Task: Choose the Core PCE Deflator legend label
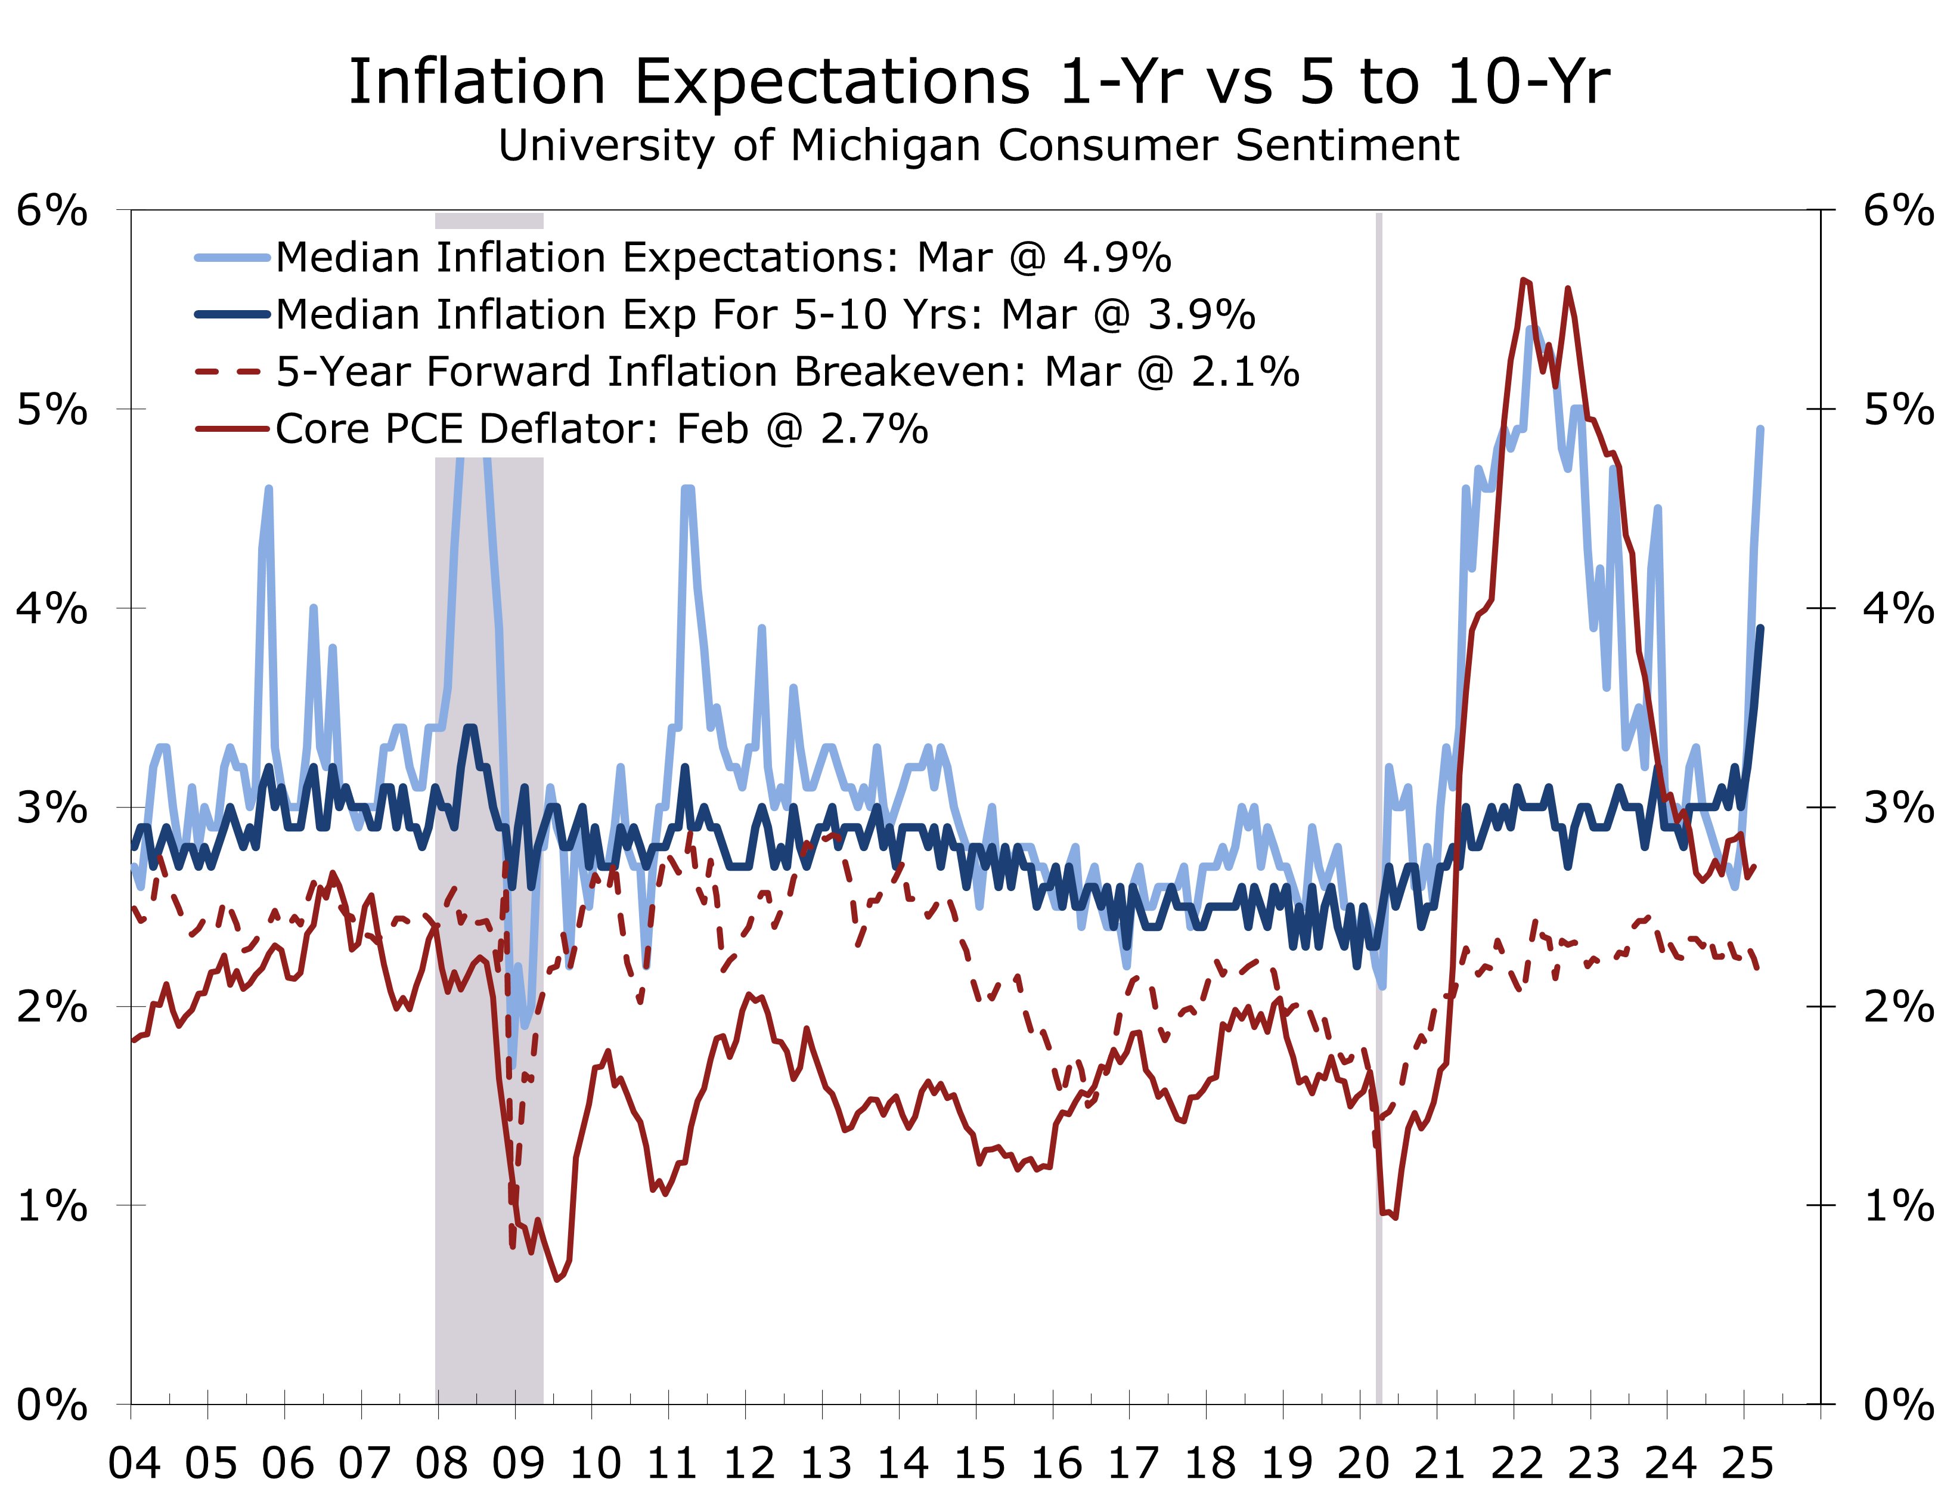tap(466, 429)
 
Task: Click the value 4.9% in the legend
tap(1117, 258)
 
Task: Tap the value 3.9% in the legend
tap(1201, 314)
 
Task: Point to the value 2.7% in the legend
tap(874, 429)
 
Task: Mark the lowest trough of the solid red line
tap(558, 1279)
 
